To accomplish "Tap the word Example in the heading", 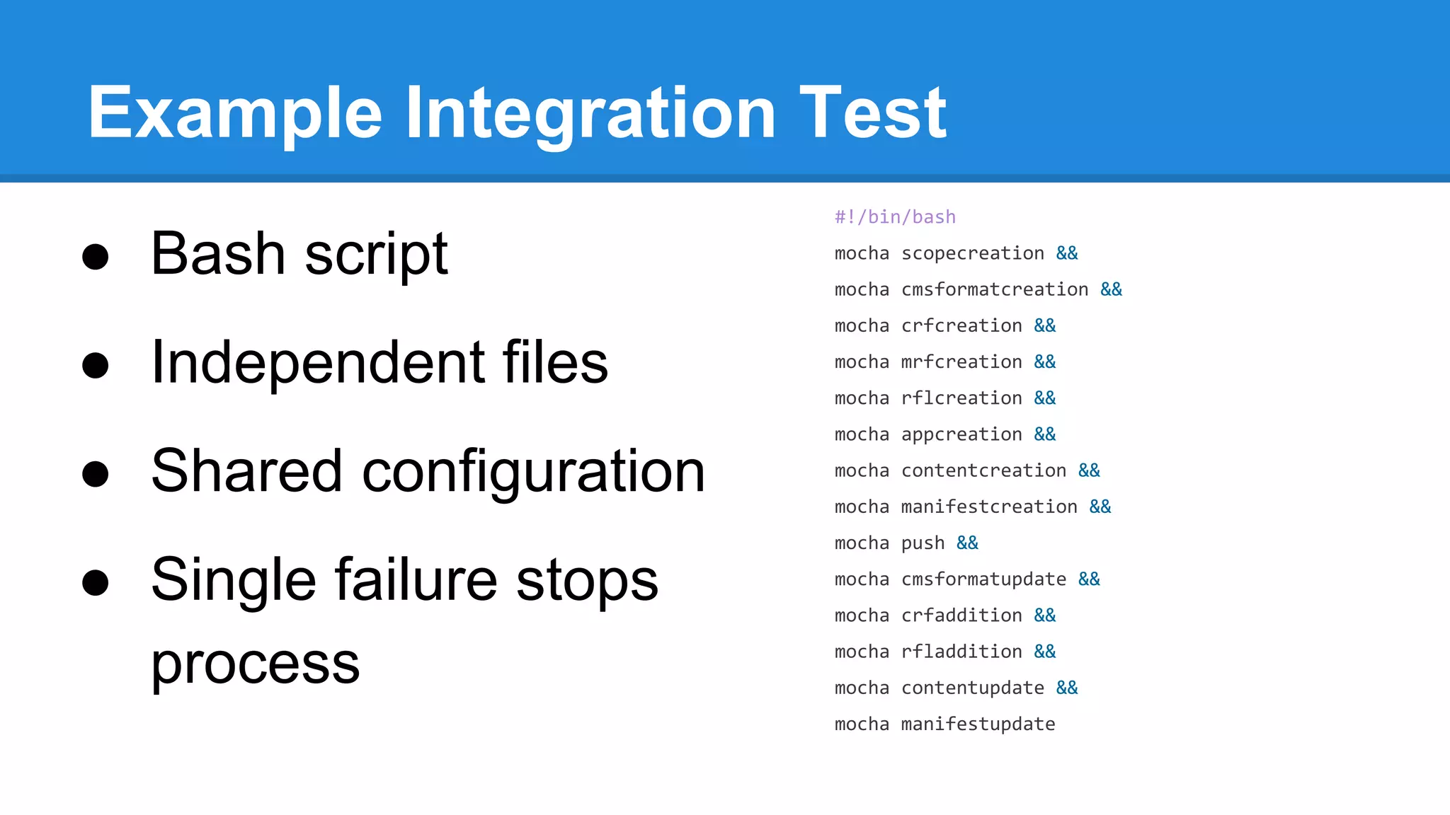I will coord(234,113).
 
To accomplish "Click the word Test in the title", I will coord(872,113).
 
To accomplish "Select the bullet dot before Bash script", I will coord(96,256).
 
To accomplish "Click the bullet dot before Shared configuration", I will coord(96,473).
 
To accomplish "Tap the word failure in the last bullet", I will coord(416,579).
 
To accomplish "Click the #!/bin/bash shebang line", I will coord(895,217).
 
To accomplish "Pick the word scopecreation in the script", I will coord(972,253).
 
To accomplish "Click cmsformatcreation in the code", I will coord(994,289).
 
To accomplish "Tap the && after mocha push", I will coord(967,543).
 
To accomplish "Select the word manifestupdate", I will coord(978,724).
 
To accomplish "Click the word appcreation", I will coord(961,434).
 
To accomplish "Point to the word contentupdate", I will coord(972,688).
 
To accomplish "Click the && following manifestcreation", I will coord(1100,507).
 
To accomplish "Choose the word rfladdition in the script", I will coord(961,652).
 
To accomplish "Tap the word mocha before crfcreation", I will coord(862,325).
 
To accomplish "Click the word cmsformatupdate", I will coord(983,579).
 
